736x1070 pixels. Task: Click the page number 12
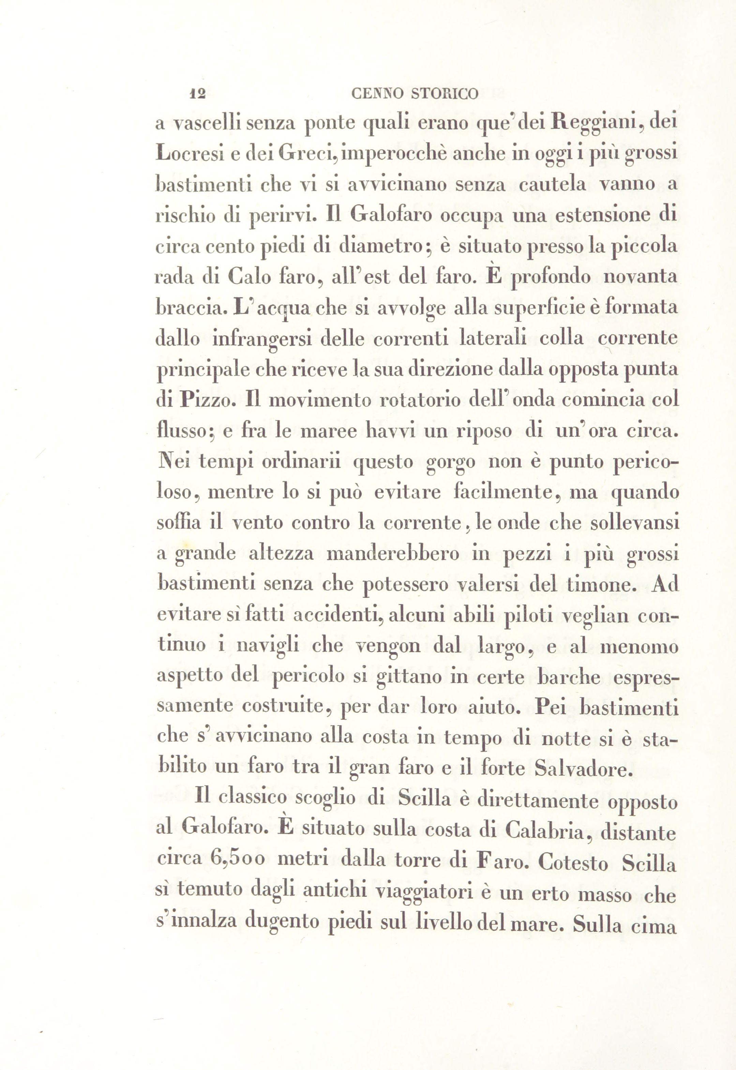197,94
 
